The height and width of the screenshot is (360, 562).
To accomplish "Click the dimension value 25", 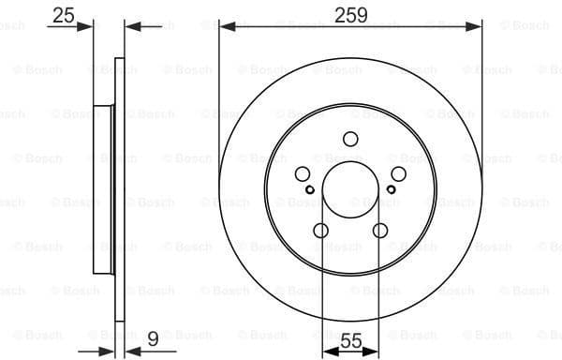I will [64, 15].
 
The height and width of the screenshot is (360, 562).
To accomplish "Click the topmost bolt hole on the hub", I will [350, 140].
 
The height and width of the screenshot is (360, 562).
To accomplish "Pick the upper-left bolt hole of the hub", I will [303, 174].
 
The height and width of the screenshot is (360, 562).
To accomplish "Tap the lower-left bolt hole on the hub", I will [320, 231].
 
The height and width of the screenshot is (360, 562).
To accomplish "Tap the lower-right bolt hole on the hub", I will [380, 231].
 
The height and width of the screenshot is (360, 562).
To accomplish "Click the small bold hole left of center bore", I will [310, 189].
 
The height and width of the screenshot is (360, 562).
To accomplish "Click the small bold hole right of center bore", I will [391, 189].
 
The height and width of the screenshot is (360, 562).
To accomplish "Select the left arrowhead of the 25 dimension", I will [90, 26].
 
